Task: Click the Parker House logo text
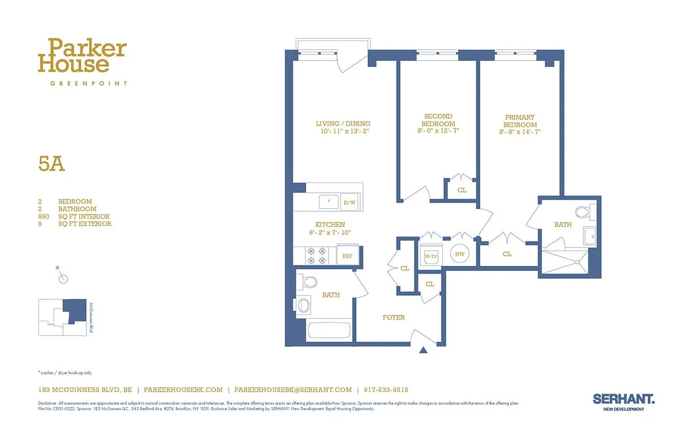82,56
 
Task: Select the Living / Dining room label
342,124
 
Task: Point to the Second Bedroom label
438,120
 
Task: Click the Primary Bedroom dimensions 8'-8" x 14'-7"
520,132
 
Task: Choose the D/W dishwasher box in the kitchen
350,203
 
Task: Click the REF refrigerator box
347,256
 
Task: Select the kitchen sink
328,201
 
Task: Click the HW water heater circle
460,254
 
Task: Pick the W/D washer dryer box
430,256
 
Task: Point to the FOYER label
393,317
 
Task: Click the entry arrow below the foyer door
423,350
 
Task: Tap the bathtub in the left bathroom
329,330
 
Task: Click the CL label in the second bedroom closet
461,190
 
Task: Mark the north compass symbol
64,278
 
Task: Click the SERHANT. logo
623,399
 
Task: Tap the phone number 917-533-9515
385,390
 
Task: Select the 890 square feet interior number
44,216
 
